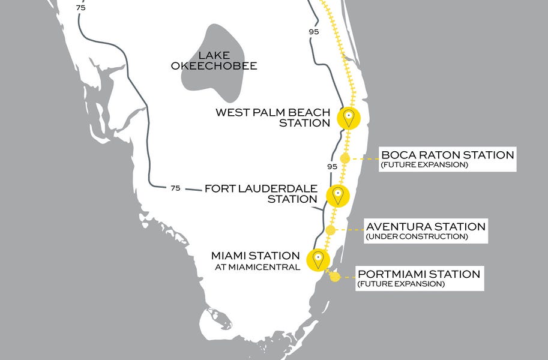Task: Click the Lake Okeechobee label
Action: [214, 60]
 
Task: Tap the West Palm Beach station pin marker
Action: [348, 117]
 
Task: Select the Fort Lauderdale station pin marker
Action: [338, 194]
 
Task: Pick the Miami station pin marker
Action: [318, 259]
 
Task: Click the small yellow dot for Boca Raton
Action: [345, 158]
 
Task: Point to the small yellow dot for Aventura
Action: [330, 230]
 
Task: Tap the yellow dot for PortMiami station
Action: [335, 277]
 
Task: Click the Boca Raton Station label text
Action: [448, 155]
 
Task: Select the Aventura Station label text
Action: [426, 227]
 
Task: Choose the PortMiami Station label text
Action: [418, 274]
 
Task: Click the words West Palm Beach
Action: [272, 112]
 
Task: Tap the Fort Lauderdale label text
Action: [261, 188]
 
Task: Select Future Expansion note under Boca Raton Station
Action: [424, 164]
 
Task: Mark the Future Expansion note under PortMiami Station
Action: [401, 284]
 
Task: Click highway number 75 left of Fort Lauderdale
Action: [175, 188]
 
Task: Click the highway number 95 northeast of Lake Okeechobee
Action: [313, 32]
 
